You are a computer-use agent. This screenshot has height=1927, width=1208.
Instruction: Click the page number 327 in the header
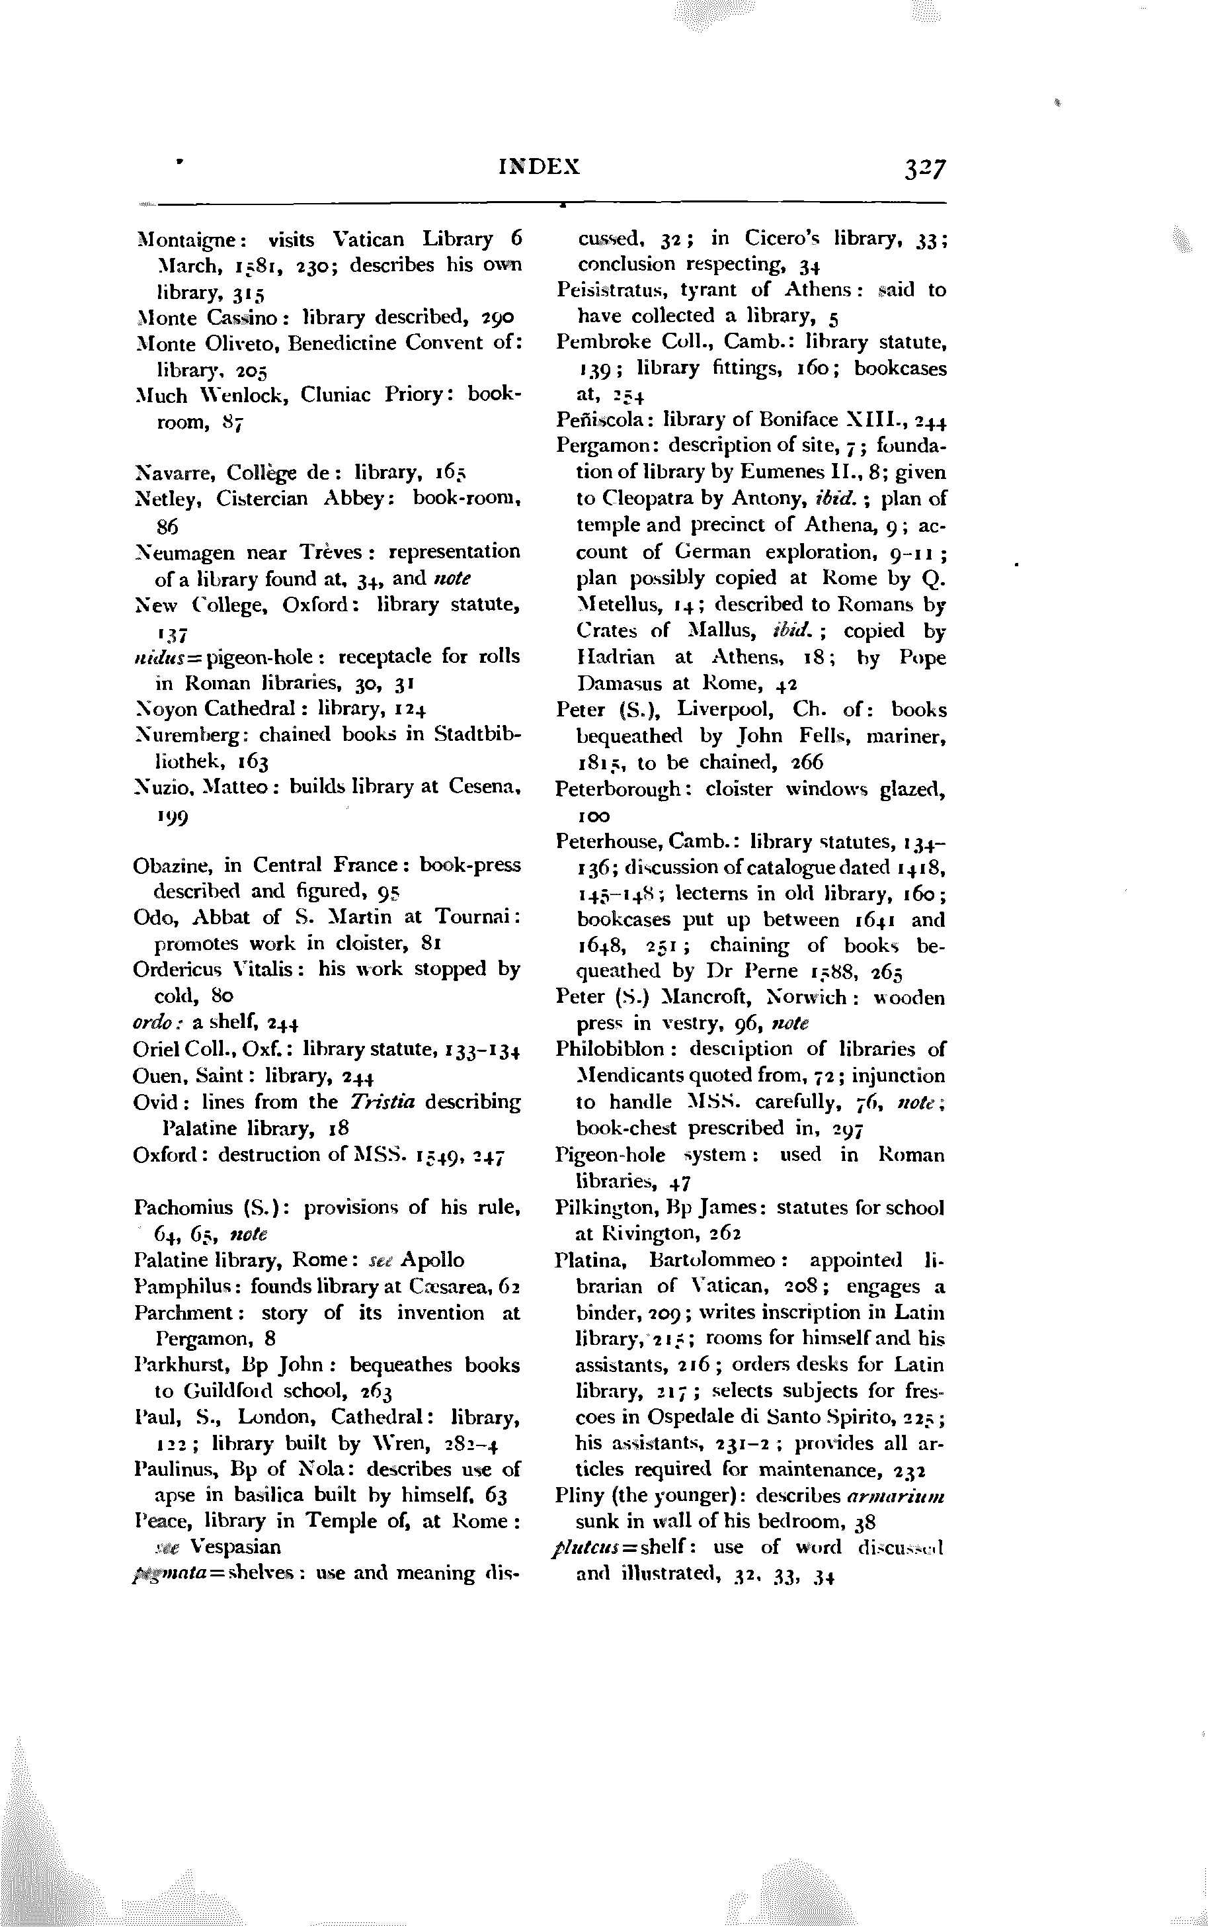[924, 169]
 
